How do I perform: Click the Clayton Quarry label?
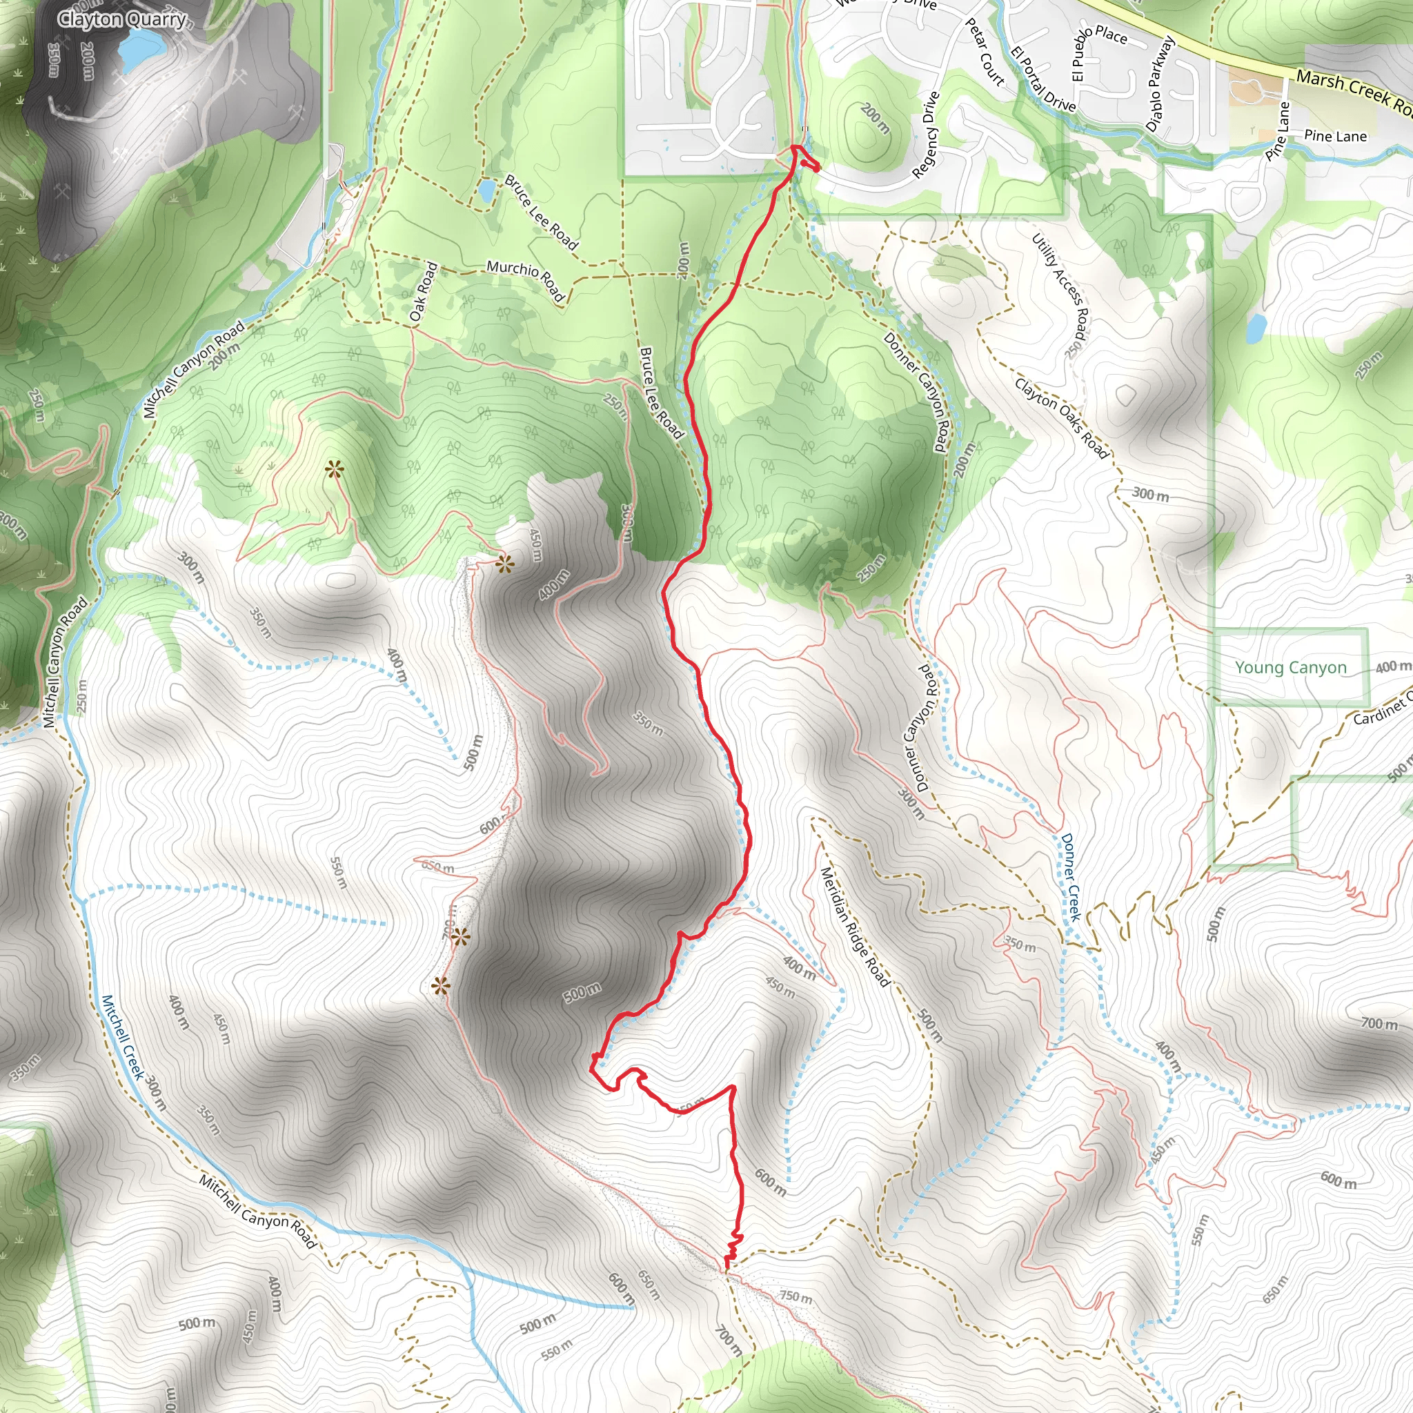pos(122,19)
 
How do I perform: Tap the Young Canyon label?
pos(1290,667)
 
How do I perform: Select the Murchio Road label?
pos(526,279)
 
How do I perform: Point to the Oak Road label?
pos(424,292)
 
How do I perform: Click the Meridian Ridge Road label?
pos(855,927)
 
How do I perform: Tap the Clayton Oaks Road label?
pos(1061,417)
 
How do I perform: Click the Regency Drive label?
pos(925,136)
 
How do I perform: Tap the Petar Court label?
pos(985,51)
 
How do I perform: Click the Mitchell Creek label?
pos(122,1037)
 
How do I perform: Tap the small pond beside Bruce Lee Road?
pos(486,192)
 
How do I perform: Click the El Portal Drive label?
pos(1043,81)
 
